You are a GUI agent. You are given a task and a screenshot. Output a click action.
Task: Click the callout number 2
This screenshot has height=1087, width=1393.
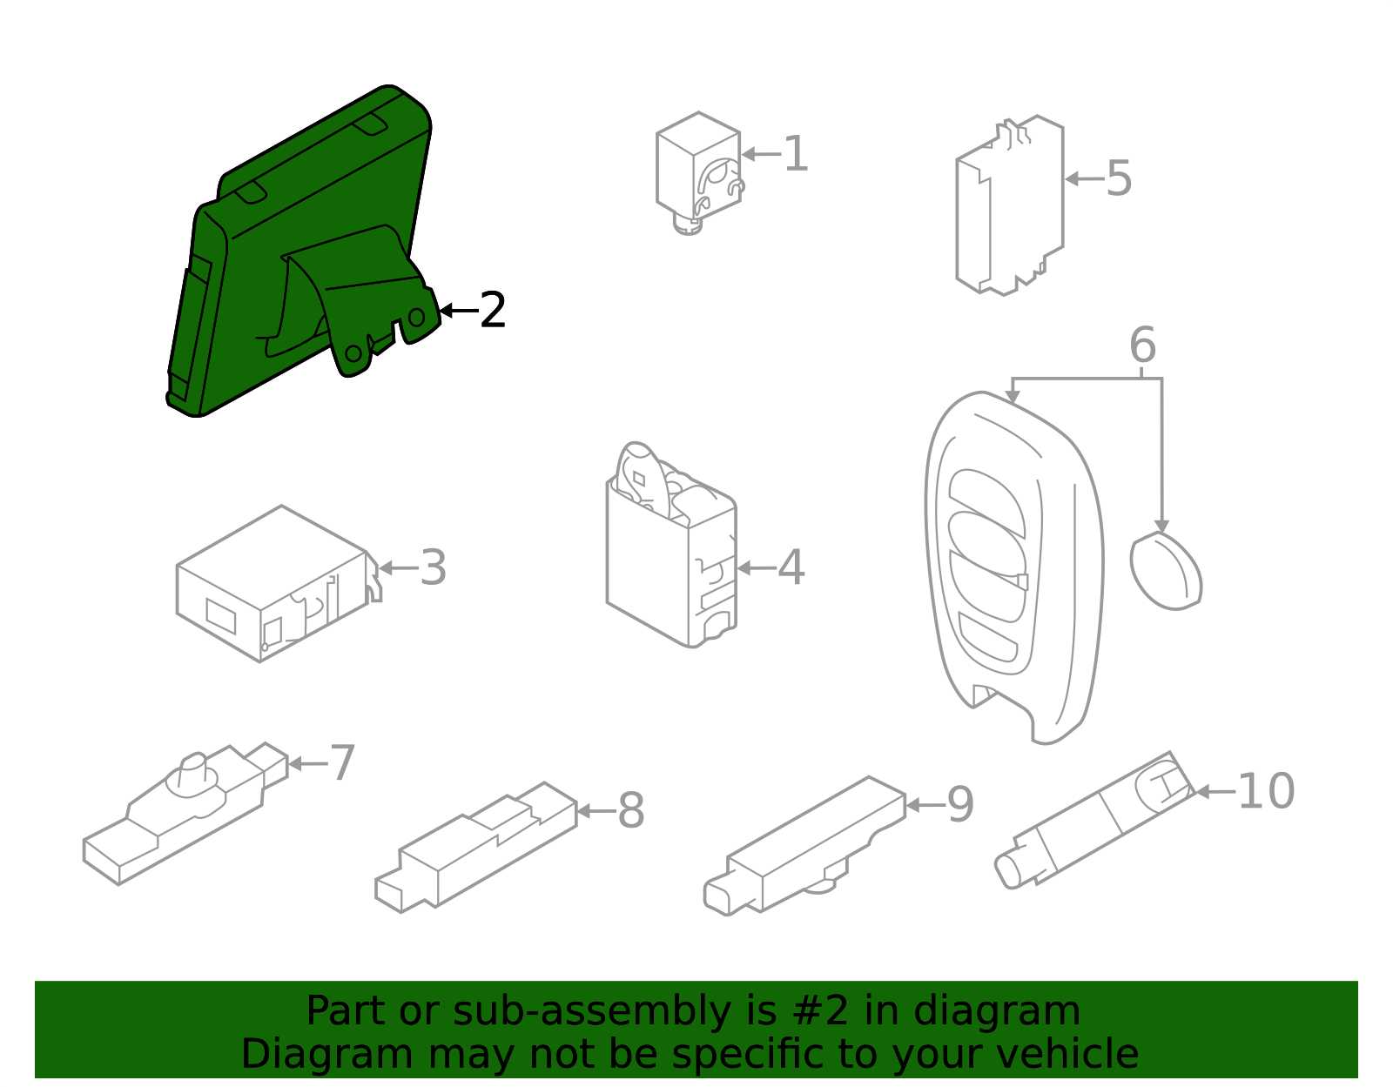click(x=493, y=311)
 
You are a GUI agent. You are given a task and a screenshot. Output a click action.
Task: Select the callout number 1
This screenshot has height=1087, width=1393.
click(x=796, y=154)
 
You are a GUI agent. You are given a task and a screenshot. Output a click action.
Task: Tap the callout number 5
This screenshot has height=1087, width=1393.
click(x=1119, y=178)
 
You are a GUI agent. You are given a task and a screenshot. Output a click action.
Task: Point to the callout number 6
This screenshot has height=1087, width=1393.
click(x=1142, y=345)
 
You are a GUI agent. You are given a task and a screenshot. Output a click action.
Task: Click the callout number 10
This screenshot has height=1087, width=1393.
click(x=1266, y=791)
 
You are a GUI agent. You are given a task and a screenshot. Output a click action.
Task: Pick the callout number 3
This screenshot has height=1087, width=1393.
click(x=434, y=567)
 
